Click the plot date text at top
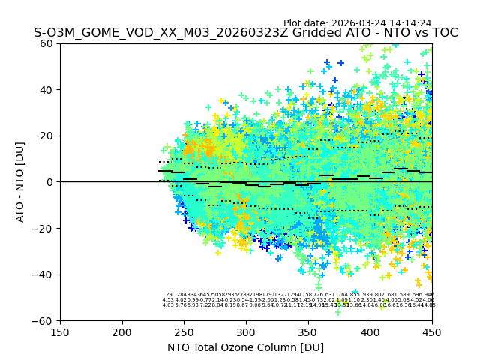357,23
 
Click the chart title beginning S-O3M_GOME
245,33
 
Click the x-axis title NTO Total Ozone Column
245,347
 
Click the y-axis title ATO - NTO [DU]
20,182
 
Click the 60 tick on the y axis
48,43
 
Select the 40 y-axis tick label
48,90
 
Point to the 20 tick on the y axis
48,136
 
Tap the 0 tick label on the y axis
51,182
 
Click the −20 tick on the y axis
45,228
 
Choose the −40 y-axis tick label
45,274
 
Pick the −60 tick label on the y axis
45,320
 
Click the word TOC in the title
442,33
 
